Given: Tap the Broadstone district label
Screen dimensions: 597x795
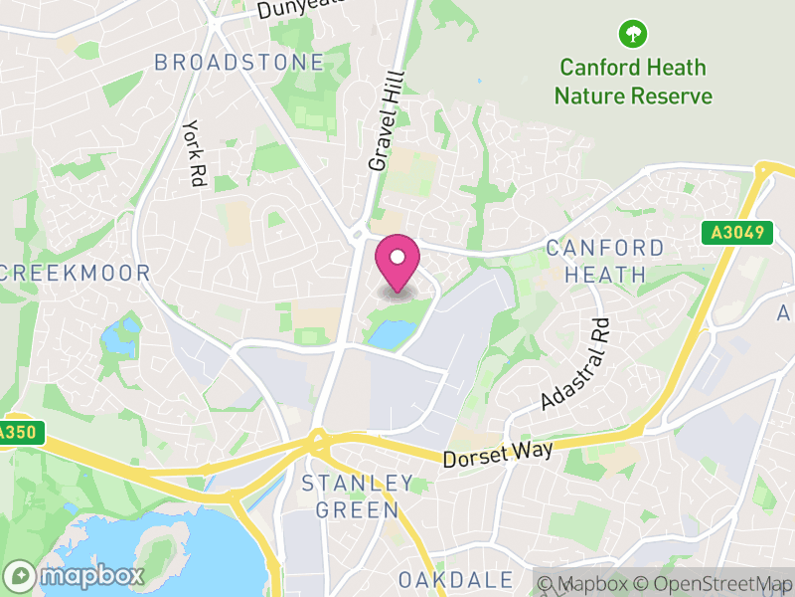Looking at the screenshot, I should point(238,63).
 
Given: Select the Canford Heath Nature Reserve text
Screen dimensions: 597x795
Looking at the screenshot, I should point(633,82).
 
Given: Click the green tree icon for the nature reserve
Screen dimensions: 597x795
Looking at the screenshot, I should point(631,35).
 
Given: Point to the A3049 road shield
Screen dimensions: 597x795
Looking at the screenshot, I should point(736,233).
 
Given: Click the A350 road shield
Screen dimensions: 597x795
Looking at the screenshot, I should point(16,433).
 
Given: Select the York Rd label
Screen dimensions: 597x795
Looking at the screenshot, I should point(192,154).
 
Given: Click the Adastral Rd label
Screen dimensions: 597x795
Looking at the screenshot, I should point(573,364).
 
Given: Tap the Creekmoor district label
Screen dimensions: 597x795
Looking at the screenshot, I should point(76,273).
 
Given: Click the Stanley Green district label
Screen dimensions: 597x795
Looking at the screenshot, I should point(358,497).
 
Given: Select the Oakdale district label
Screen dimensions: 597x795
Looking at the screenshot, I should point(456,579).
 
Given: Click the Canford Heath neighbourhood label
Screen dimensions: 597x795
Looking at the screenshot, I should point(604,261).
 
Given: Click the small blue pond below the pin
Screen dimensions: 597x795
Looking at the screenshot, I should point(387,334).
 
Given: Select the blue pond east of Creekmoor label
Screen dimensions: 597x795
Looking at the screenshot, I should point(121,337).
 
